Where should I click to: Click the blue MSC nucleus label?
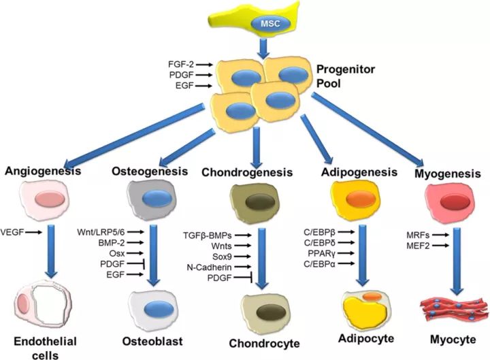(271, 24)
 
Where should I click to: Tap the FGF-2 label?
(181, 65)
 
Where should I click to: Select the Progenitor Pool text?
(346, 76)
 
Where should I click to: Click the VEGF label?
(12, 232)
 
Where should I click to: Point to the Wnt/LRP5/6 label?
(101, 232)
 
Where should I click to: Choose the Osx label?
(117, 253)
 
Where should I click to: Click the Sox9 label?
(222, 257)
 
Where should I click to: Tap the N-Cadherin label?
(210, 267)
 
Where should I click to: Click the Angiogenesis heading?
(43, 171)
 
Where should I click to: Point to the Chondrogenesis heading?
(247, 172)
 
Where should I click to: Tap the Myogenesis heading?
(448, 174)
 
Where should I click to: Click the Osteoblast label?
(152, 341)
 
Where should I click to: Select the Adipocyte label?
(366, 338)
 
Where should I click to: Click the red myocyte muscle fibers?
(454, 309)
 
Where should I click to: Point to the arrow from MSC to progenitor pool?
(264, 49)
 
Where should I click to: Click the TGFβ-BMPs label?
(208, 235)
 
